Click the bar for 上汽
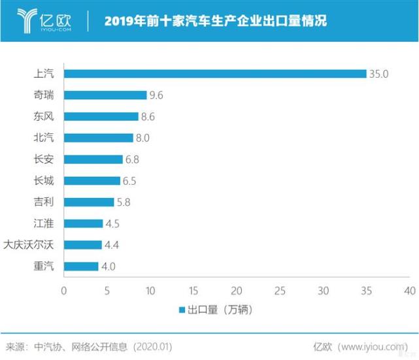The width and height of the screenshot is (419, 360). tap(215, 74)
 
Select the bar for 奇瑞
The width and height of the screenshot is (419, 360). tap(105, 95)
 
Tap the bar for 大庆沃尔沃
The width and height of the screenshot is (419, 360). tap(83, 245)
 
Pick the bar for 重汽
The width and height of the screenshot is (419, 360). tap(81, 267)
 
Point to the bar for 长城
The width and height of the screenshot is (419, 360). tap(92, 181)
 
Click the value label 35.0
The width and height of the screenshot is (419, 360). tap(378, 74)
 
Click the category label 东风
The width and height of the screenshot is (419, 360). tap(44, 117)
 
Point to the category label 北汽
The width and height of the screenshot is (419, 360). tap(44, 138)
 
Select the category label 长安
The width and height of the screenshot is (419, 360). tap(44, 159)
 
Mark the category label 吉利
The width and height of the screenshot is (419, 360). tap(44, 203)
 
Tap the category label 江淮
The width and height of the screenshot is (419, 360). tap(44, 223)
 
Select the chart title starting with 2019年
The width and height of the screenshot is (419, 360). tap(216, 22)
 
